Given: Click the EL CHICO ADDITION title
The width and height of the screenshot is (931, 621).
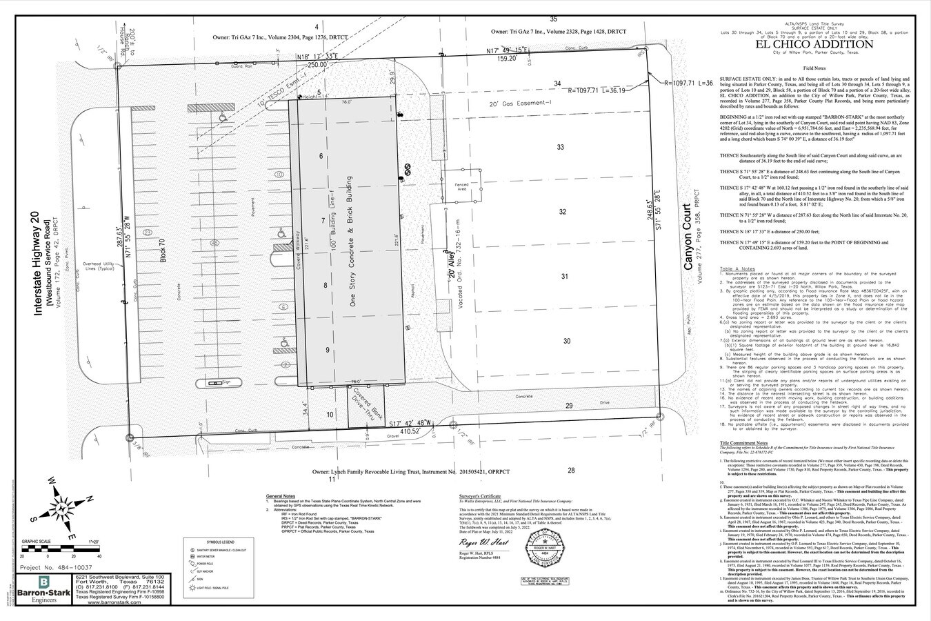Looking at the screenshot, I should click(x=814, y=45).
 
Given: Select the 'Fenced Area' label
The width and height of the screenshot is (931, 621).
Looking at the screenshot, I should click(x=462, y=188).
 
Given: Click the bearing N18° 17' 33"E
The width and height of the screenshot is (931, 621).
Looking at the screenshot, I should click(x=317, y=57).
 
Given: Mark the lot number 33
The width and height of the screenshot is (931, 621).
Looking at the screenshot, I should click(x=560, y=148).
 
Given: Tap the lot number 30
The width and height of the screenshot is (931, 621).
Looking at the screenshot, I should click(x=566, y=341).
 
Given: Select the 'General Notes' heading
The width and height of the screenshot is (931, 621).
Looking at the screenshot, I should click(x=281, y=496).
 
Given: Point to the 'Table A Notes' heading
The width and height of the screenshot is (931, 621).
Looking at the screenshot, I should click(x=737, y=268).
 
